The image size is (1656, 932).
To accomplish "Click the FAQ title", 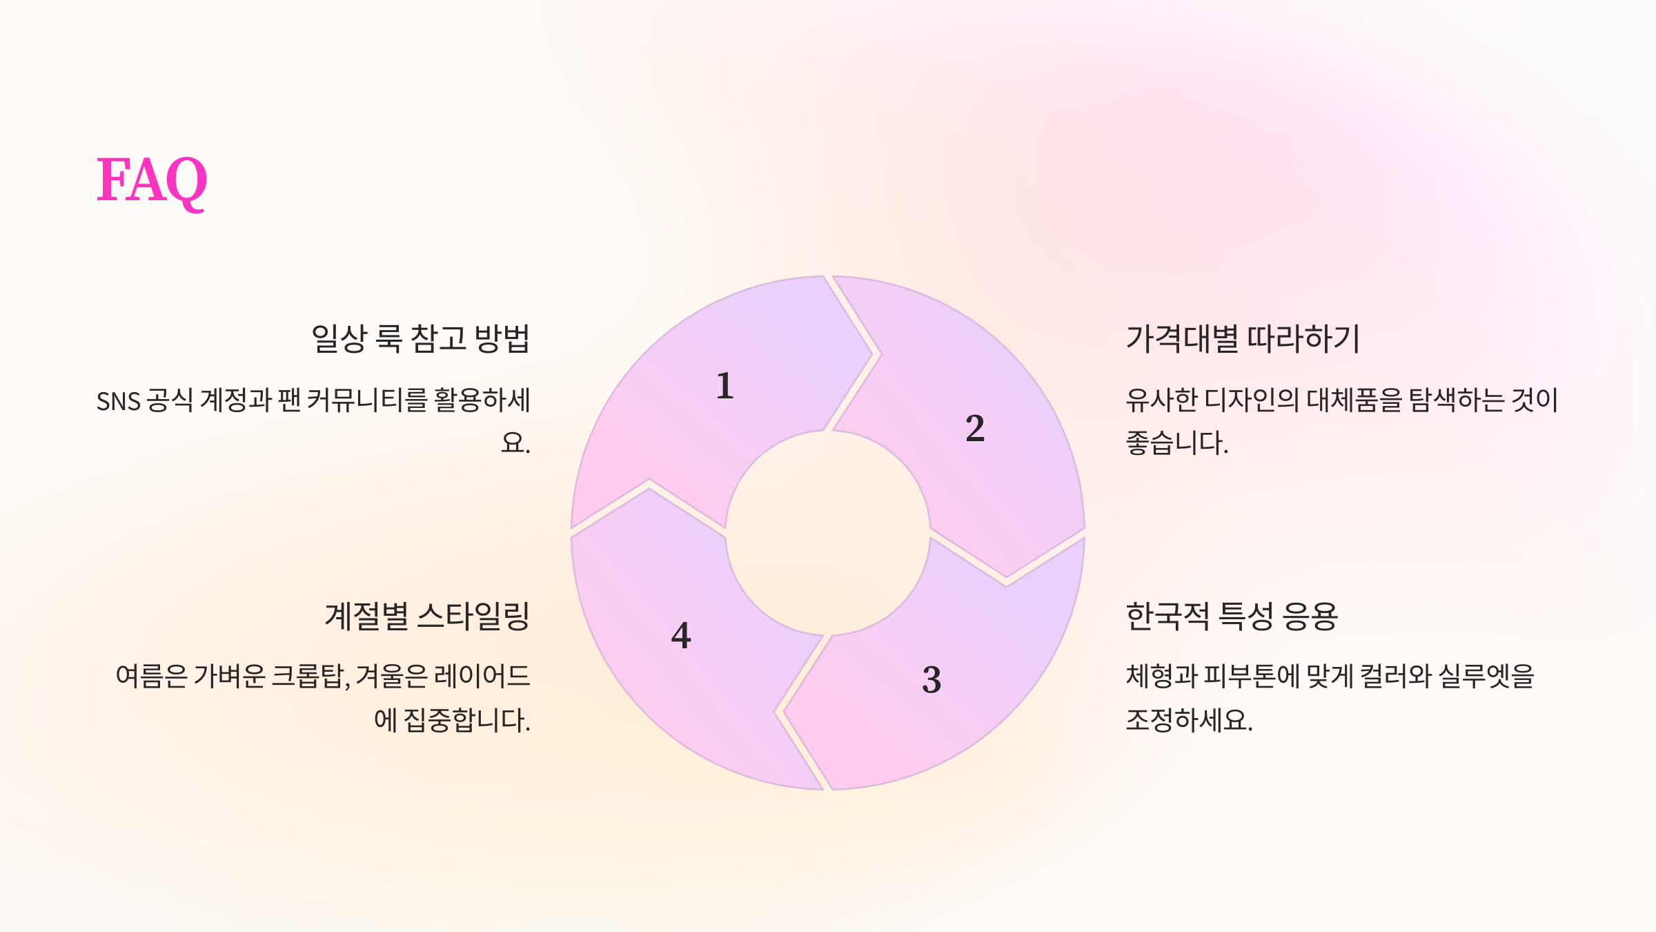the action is tap(152, 180).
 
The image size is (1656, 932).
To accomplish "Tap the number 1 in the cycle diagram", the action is tap(724, 385).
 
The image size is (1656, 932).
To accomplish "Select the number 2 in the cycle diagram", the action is tap(974, 428).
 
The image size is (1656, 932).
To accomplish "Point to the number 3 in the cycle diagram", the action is tap(931, 679).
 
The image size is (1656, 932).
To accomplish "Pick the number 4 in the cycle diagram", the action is tap(681, 635).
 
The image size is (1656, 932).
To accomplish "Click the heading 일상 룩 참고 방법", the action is tap(420, 339).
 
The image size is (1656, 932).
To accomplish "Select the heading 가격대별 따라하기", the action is tap(1243, 339).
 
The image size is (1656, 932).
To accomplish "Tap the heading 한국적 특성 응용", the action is tap(1232, 617).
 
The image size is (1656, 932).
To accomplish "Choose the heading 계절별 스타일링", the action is tap(427, 617).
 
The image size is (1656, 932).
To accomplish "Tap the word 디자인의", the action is tap(1251, 400).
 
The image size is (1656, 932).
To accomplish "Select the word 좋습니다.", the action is tap(1176, 443).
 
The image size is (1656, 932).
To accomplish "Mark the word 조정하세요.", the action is tap(1188, 721).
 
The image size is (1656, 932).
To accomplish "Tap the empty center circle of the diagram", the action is tap(827, 533).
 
